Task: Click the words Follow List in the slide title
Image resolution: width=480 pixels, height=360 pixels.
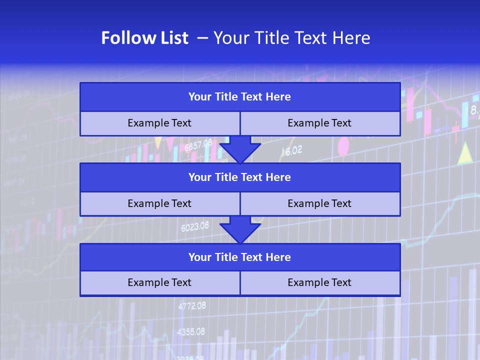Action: tap(144, 38)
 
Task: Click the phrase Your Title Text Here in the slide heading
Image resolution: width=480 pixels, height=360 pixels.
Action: tap(291, 38)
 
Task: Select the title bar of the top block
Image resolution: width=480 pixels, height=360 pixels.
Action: tap(240, 97)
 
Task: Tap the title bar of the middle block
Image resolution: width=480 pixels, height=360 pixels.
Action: tap(240, 177)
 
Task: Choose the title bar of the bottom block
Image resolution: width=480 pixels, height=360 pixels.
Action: tap(240, 257)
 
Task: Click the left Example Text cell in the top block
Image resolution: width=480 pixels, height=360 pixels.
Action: tap(159, 123)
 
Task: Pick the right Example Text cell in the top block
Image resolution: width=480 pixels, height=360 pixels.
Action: tap(320, 123)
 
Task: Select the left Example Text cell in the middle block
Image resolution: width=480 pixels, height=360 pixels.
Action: tap(159, 204)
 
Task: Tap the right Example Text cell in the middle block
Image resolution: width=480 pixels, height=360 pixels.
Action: tap(320, 204)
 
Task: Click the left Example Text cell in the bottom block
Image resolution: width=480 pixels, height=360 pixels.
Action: tap(159, 283)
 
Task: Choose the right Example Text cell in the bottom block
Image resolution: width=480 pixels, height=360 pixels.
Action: tap(320, 283)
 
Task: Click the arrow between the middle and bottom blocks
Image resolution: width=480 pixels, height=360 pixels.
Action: tap(240, 230)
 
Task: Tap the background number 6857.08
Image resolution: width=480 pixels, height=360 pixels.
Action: tap(198, 145)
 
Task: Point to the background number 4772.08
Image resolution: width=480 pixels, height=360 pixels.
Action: tap(192, 306)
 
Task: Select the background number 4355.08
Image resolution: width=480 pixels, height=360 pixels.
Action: tap(191, 331)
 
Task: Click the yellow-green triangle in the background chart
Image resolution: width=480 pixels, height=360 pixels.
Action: tap(465, 154)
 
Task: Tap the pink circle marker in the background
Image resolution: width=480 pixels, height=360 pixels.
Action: tap(343, 146)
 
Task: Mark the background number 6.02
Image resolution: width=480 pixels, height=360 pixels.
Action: tap(292, 150)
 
